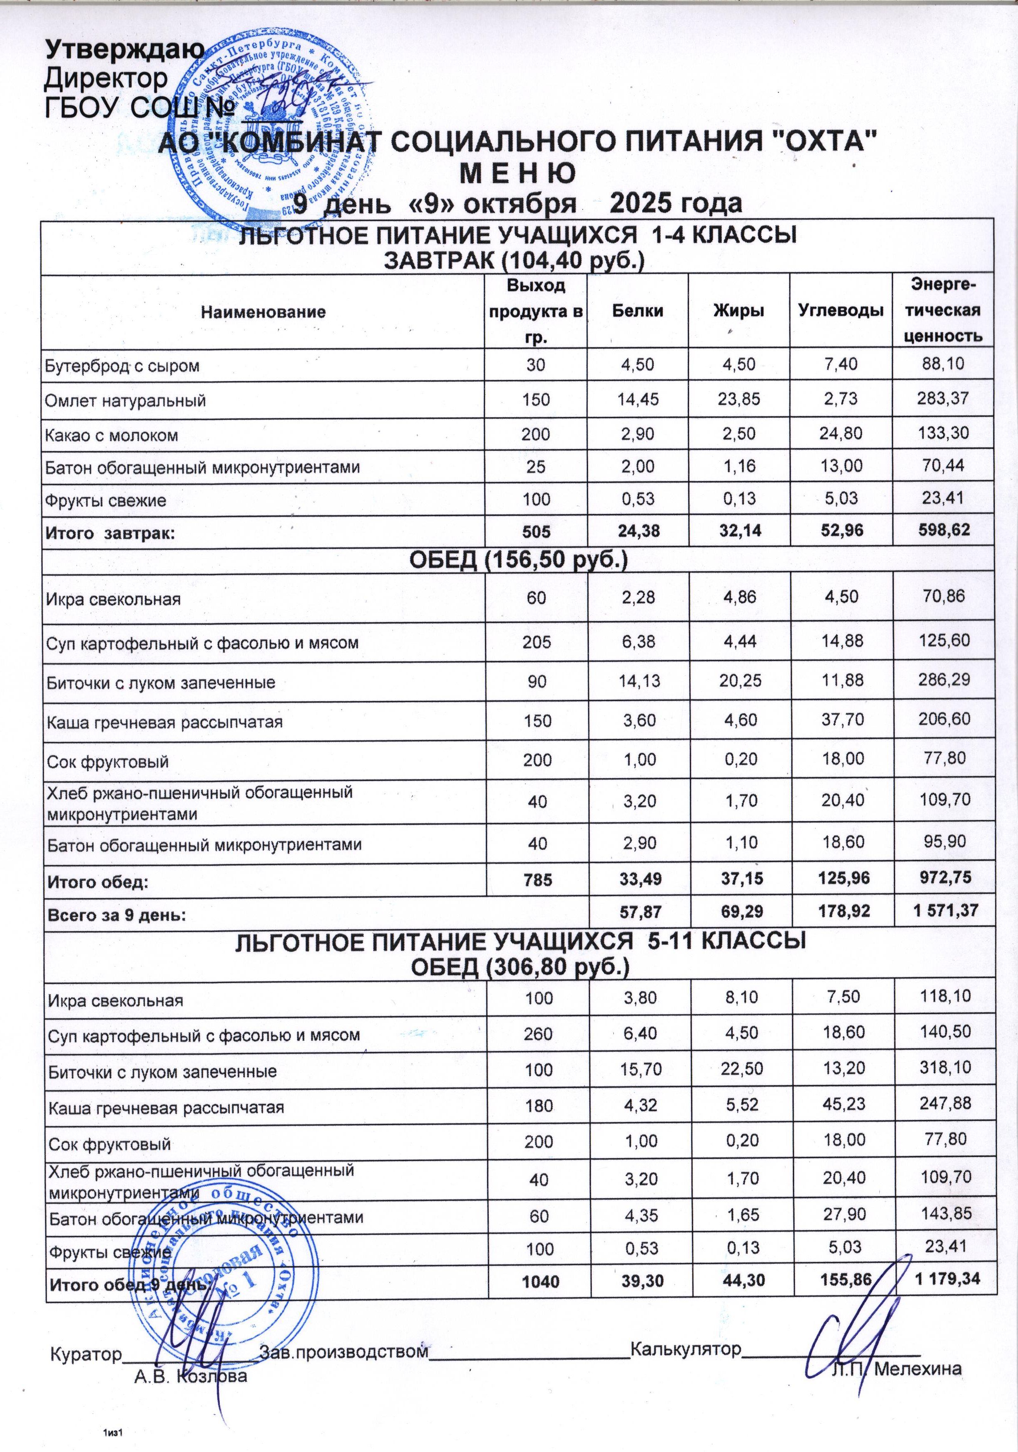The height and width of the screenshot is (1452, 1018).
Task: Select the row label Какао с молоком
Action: pos(111,435)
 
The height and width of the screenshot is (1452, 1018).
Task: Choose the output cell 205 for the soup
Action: pos(536,642)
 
